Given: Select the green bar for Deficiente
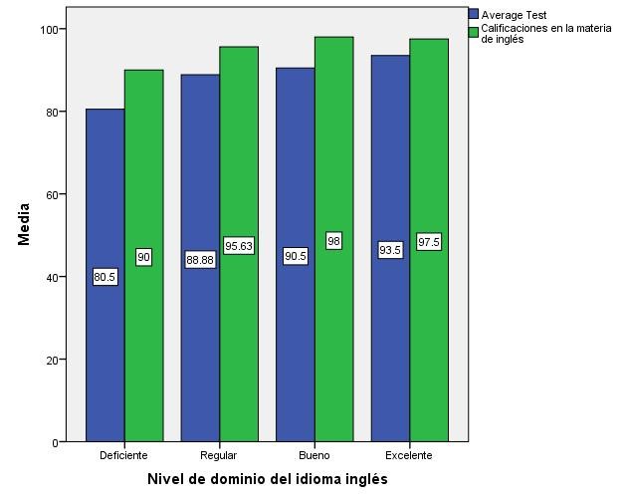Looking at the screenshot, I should click(x=143, y=329).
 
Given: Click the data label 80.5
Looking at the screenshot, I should click(x=105, y=277).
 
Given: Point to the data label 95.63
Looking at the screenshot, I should click(x=239, y=246).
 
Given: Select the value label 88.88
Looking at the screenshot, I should click(x=200, y=260).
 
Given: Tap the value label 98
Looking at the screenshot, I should click(x=333, y=241).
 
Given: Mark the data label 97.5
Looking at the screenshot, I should click(x=429, y=242).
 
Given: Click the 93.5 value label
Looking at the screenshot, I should click(x=390, y=250).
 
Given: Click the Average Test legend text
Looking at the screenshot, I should click(x=514, y=15).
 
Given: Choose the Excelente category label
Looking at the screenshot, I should click(x=409, y=456).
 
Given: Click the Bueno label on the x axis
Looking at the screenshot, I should click(x=313, y=456).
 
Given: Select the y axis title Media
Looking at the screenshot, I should click(x=24, y=224).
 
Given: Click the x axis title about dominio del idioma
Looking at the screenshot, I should click(x=267, y=480).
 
